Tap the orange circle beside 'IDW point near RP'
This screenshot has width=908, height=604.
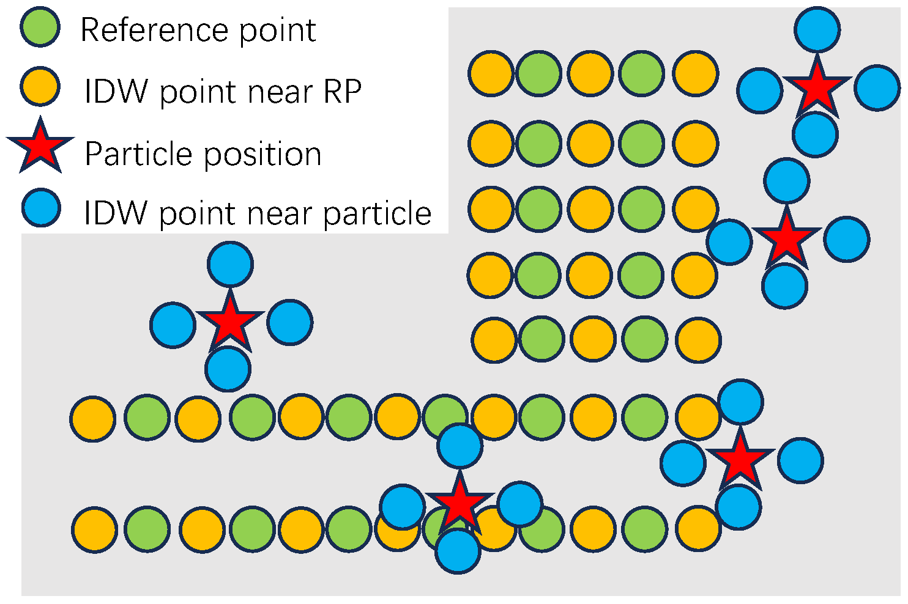[40, 87]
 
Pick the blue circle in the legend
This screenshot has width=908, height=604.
[40, 208]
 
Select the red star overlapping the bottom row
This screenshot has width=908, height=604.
[459, 504]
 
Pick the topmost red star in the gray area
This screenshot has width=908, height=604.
[816, 88]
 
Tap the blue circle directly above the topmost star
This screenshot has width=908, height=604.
[817, 29]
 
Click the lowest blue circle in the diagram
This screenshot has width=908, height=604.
[458, 551]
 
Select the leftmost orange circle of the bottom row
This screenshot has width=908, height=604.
[94, 529]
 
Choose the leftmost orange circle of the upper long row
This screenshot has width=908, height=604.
[93, 419]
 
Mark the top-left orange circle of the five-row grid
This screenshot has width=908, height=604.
[491, 73]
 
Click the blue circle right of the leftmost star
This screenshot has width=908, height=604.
[290, 322]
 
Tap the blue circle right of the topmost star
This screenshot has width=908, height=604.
[877, 88]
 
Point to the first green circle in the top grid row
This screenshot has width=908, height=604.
[539, 73]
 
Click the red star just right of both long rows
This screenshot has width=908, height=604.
[740, 459]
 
